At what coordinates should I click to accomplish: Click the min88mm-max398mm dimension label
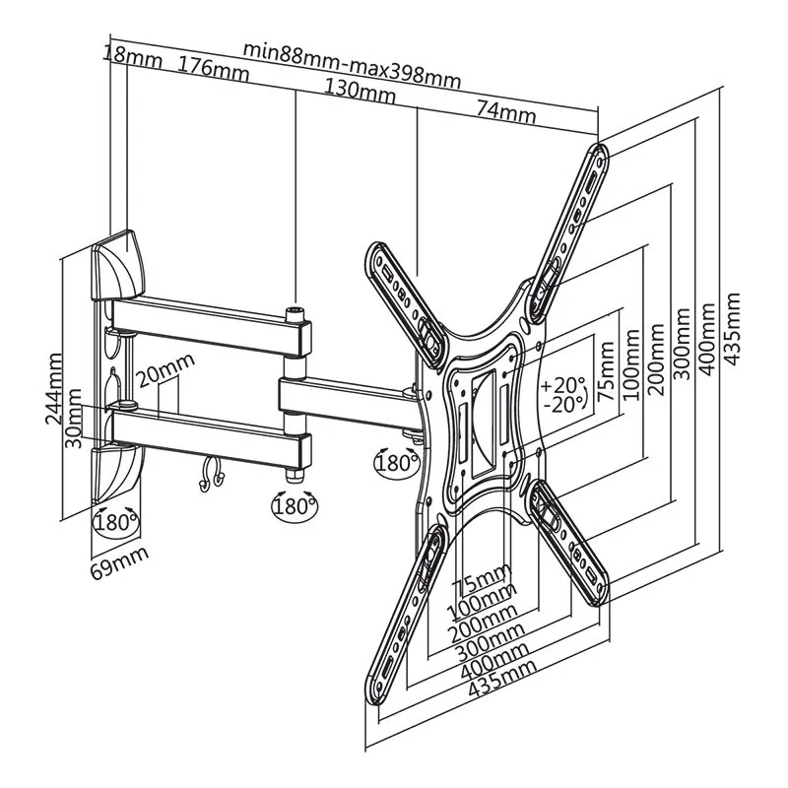(352, 65)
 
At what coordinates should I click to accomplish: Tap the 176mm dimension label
(214, 68)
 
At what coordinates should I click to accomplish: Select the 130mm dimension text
(360, 91)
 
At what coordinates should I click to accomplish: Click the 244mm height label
(54, 388)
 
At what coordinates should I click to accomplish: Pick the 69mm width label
(119, 562)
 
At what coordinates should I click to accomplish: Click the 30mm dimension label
(75, 418)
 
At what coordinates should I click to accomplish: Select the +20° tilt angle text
(563, 385)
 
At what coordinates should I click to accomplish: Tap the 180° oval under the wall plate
(115, 523)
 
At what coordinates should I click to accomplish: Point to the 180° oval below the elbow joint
(295, 506)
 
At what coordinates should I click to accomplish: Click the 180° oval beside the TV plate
(398, 462)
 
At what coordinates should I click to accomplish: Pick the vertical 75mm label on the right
(607, 371)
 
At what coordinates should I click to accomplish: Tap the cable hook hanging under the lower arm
(211, 474)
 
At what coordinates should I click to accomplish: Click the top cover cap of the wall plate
(118, 265)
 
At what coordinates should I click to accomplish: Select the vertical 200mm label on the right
(656, 359)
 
